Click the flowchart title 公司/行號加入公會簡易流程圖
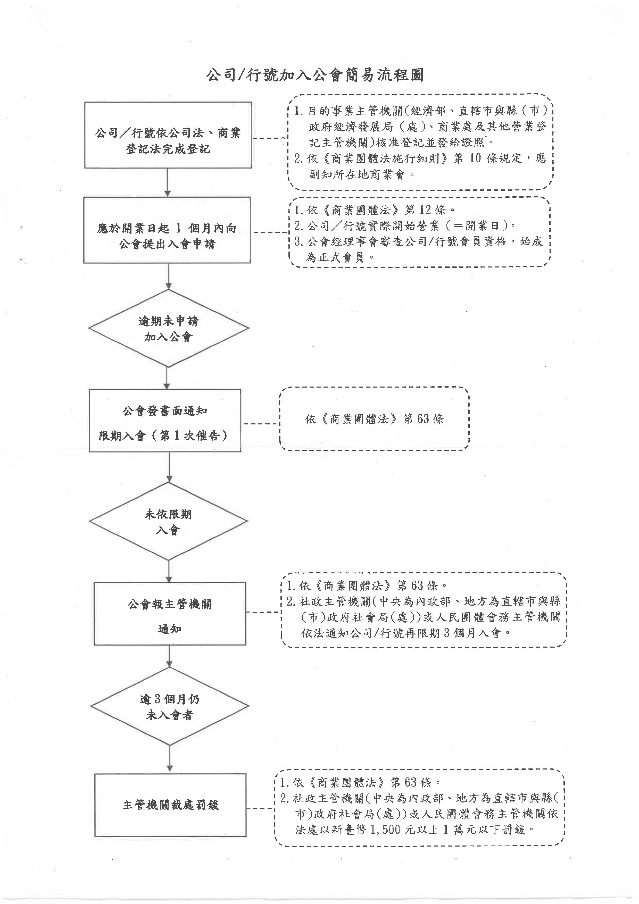pyautogui.click(x=315, y=75)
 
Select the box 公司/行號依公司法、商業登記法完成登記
pyautogui.click(x=168, y=135)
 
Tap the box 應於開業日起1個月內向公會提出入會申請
pyautogui.click(x=167, y=230)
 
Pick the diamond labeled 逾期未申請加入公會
pyautogui.click(x=169, y=328)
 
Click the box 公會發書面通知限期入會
pyautogui.click(x=165, y=421)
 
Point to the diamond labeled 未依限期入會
pyautogui.click(x=169, y=521)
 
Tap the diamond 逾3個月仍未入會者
pyautogui.click(x=170, y=706)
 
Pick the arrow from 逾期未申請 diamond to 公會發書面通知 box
pyautogui.click(x=167, y=378)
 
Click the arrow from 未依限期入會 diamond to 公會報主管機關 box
pyautogui.click(x=169, y=571)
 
